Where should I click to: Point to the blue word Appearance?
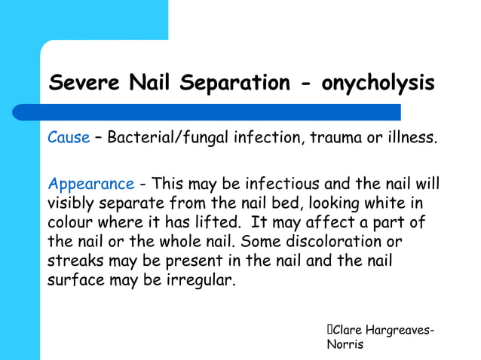coord(90,185)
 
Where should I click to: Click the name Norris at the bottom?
coord(345,345)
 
